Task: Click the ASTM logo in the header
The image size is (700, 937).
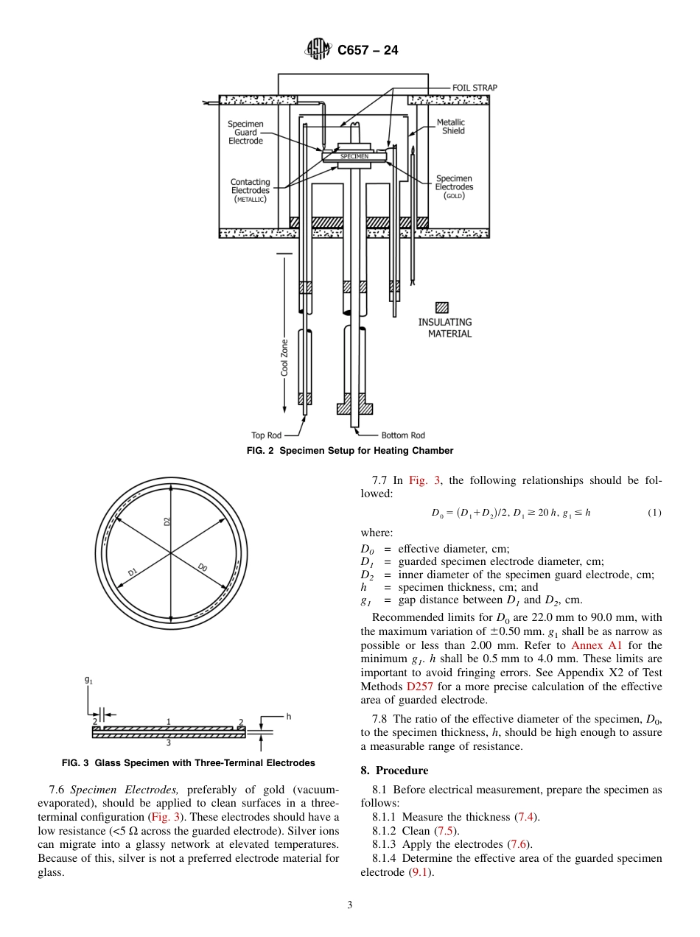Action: (319, 50)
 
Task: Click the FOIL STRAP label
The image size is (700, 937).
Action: (475, 88)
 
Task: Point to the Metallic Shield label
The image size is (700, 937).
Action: (450, 127)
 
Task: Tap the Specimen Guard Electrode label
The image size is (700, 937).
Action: (245, 133)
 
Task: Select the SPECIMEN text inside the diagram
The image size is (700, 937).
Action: (354, 157)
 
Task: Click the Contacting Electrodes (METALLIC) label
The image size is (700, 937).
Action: (250, 190)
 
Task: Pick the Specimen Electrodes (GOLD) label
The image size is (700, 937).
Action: (453, 187)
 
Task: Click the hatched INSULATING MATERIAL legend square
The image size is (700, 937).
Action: (442, 308)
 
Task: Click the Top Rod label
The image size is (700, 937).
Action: (267, 435)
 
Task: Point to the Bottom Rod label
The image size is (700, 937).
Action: (403, 435)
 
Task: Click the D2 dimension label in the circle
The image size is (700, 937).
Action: (167, 521)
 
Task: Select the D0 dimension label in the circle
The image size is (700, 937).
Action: (203, 567)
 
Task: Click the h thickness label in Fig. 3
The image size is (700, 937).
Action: (289, 716)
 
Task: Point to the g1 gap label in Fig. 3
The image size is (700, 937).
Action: (88, 681)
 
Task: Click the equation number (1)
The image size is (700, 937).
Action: (654, 513)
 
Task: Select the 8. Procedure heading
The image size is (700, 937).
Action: (394, 771)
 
